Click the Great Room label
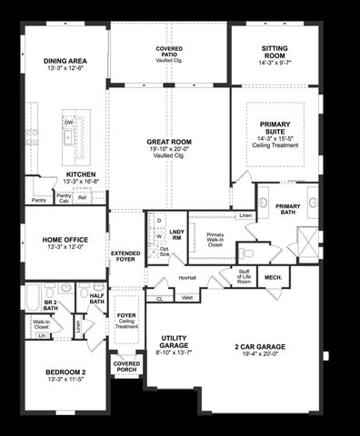point(169,143)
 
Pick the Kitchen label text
point(81,177)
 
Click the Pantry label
point(39,200)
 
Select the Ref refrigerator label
point(82,197)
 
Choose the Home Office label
point(63,240)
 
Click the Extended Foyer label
point(125,257)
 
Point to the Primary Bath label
point(288,206)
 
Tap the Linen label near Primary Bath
point(245,215)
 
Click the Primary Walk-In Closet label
point(215,240)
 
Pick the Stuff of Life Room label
point(244,277)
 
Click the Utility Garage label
point(169,342)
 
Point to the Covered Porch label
point(126,367)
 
